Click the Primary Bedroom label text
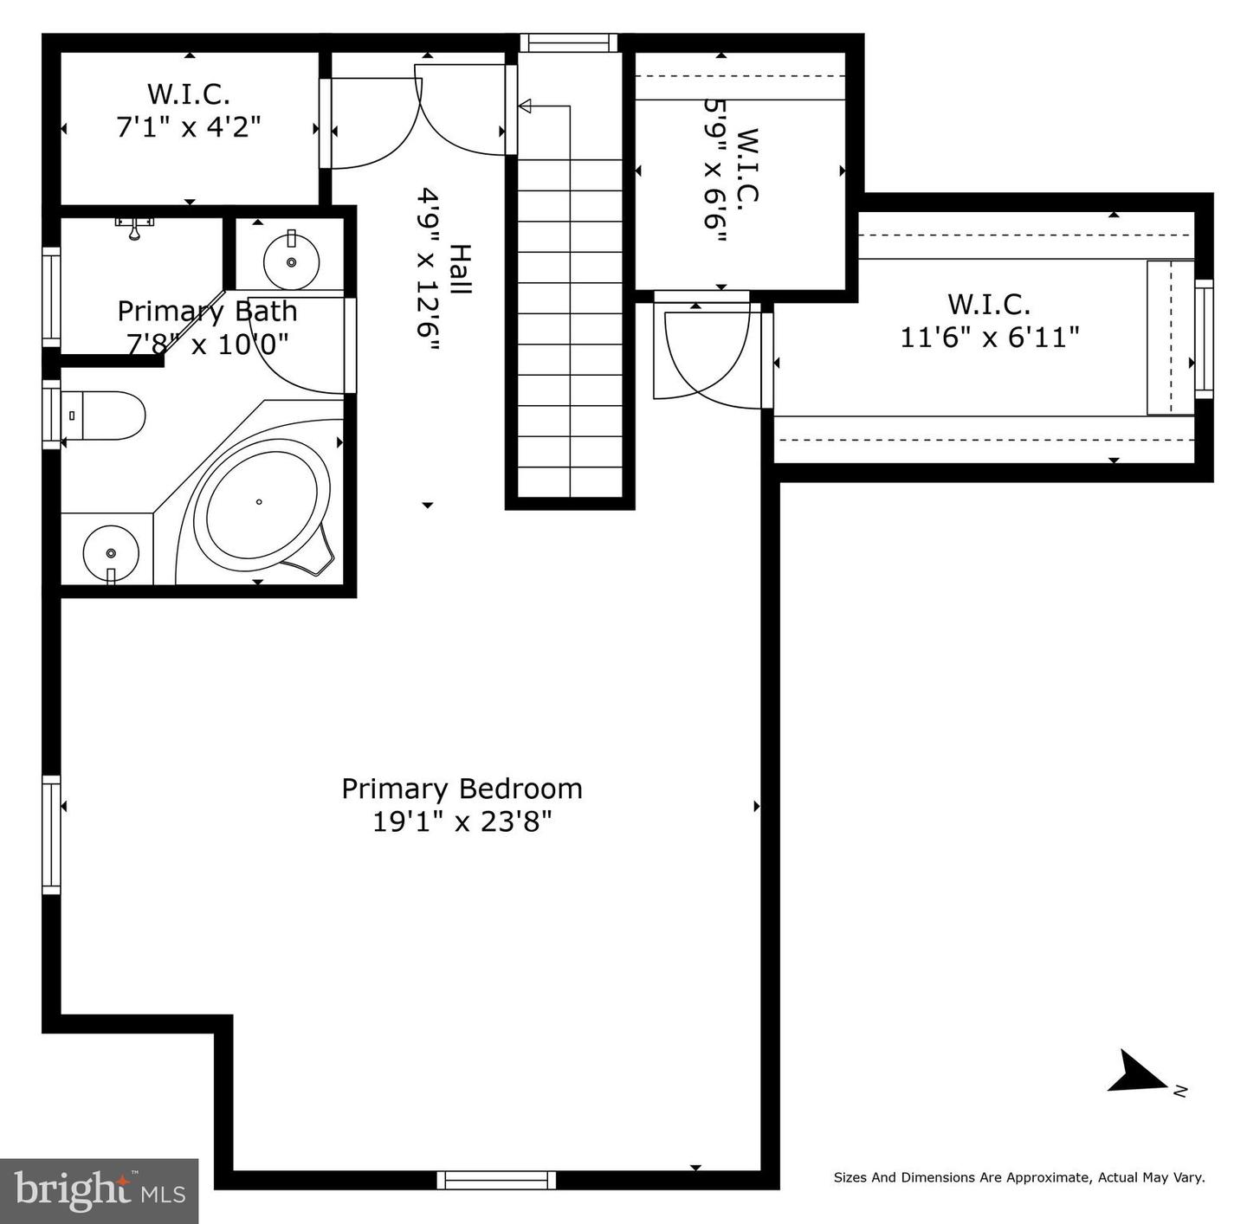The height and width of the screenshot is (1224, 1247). [462, 789]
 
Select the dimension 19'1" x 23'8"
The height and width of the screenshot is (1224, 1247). [462, 821]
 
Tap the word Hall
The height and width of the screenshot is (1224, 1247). [459, 270]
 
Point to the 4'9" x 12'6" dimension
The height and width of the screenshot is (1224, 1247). [429, 270]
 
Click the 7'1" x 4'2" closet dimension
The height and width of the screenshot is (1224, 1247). [188, 126]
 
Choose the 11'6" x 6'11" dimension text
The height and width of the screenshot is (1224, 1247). [989, 337]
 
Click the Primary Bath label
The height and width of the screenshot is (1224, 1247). [207, 311]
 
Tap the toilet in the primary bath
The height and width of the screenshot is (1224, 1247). [102, 416]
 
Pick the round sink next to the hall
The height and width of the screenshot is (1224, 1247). [291, 260]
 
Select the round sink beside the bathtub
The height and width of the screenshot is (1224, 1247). [110, 552]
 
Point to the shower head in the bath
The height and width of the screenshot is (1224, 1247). [134, 228]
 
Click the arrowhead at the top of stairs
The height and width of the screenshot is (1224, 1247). [525, 106]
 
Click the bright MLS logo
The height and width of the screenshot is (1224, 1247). [99, 1191]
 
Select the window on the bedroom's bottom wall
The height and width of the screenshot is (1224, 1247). [496, 1179]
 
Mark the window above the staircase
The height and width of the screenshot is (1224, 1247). [568, 42]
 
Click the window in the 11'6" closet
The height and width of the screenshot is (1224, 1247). [1204, 338]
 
